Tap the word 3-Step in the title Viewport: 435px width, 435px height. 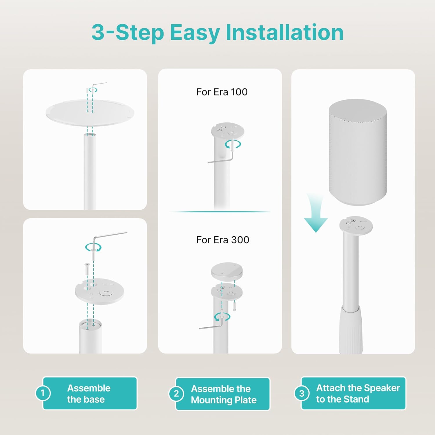128,33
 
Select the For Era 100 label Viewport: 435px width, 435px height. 222,92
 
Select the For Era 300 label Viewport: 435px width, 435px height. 223,240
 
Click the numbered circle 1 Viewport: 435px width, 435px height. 43,393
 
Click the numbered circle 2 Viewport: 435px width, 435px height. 176,394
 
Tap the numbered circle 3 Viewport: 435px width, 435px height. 302,393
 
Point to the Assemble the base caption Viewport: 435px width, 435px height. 89,394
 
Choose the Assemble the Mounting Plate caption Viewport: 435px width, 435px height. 224,394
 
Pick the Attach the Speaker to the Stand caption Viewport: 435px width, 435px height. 358,393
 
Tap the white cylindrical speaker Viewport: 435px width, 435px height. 358,152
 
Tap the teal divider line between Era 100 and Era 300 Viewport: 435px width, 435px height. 220,212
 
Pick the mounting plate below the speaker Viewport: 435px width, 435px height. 356,226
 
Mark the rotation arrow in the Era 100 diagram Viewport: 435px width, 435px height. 233,144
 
